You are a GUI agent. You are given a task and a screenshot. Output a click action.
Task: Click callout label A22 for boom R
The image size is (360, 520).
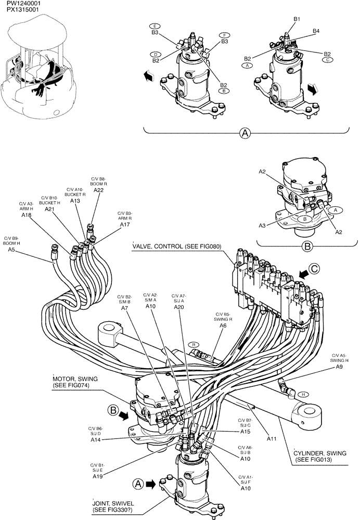99,190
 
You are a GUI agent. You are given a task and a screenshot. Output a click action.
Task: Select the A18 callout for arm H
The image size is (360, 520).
27,214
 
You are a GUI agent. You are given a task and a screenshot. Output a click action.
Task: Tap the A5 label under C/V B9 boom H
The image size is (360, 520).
11,250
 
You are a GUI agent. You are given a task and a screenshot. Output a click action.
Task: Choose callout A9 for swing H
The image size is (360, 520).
339,367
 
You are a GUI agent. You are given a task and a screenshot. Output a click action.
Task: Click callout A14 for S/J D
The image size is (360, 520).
96,440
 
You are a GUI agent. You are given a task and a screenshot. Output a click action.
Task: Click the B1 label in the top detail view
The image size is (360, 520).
297,19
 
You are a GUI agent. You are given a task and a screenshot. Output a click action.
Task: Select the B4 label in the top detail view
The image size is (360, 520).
316,31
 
